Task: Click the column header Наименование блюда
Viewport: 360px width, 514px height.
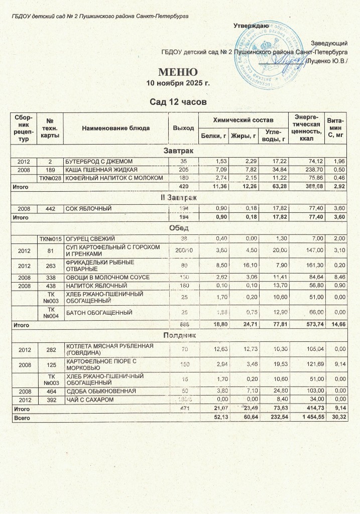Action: pyautogui.click(x=116, y=128)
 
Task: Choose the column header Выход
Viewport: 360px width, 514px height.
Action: pyautogui.click(x=183, y=128)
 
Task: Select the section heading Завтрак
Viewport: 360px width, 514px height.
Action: pyautogui.click(x=179, y=151)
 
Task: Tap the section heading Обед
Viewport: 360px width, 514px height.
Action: pyautogui.click(x=179, y=227)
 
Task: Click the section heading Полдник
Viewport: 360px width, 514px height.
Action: pyautogui.click(x=179, y=334)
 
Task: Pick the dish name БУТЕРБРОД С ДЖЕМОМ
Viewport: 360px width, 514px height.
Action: pyautogui.click(x=97, y=161)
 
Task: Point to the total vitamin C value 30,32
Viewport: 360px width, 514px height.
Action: pyautogui.click(x=335, y=418)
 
